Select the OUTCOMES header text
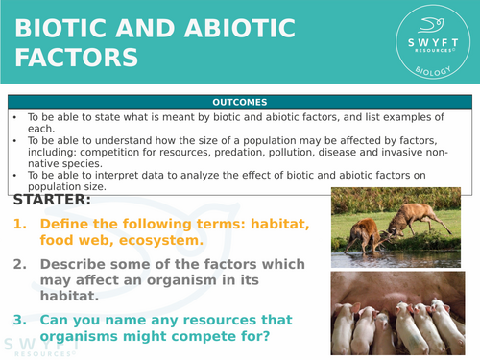[x=240, y=103]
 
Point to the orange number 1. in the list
[x=22, y=225]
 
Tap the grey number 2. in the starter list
[x=22, y=264]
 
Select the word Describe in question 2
[x=77, y=264]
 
